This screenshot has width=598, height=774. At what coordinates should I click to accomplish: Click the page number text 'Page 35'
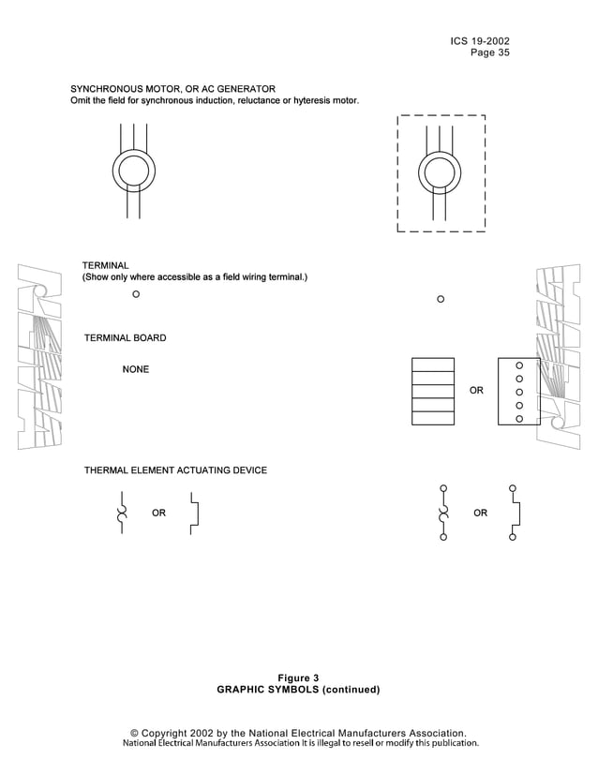489,53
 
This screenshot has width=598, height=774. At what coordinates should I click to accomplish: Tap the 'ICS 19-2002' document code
480,41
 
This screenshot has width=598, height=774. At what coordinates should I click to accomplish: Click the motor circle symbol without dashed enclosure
133,171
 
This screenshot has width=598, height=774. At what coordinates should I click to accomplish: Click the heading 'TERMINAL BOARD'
125,337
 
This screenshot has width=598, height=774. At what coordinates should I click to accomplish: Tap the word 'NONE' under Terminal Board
135,370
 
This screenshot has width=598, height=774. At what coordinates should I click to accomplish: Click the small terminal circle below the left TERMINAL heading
136,294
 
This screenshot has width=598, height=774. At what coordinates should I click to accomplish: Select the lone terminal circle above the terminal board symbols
441,300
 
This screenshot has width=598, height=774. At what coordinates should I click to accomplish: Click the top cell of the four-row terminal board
433,365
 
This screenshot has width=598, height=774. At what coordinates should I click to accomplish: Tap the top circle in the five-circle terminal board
519,364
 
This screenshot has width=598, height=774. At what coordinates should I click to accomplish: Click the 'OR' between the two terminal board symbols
476,390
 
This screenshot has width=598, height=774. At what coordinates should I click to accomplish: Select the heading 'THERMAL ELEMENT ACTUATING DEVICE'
175,470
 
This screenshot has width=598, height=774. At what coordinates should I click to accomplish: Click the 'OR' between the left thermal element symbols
158,514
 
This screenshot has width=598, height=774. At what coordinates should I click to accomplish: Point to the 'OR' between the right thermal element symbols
480,514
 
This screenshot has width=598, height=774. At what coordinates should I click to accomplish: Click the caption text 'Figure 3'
298,677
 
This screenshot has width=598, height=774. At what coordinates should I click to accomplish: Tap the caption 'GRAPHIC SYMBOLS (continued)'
298,690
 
